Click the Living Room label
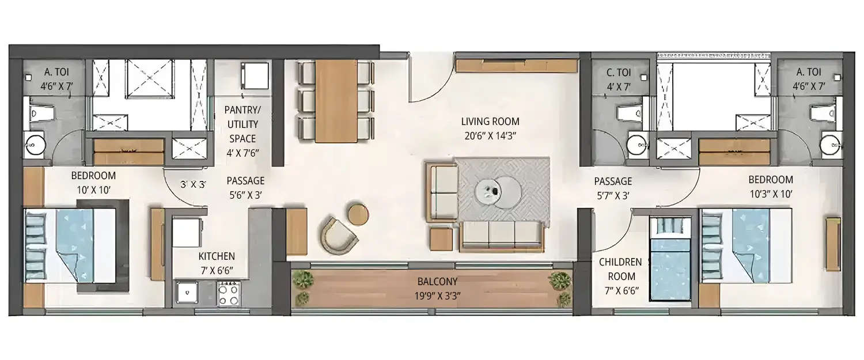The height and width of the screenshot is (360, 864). pos(490,122)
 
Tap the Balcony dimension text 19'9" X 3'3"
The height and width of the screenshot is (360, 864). pos(438,297)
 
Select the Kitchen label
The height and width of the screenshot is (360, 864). pos(217,256)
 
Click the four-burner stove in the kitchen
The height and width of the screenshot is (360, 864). pos(229,295)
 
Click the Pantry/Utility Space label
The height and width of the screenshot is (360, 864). pos(241,124)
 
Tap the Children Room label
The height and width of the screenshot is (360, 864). pos(620,269)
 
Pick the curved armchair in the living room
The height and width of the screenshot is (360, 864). pos(339,234)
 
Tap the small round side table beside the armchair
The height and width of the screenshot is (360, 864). pos(358,214)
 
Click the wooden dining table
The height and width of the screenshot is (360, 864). pos(336,100)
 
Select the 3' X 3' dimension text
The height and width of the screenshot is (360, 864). pos(194,185)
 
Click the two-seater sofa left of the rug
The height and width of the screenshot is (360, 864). pos(442,192)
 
